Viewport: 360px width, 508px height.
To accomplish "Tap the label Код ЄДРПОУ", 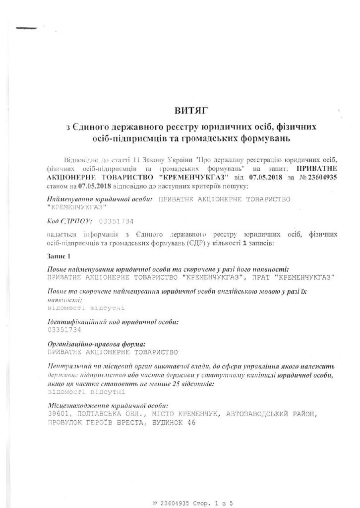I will point(64,220).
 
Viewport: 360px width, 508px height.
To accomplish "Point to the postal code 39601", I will point(57,413).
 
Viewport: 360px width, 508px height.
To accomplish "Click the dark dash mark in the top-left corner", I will point(26,28).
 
